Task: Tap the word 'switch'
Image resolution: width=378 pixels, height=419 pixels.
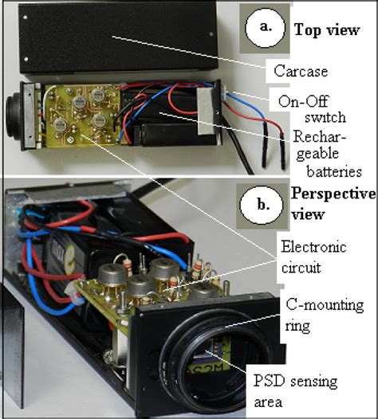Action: tap(321, 118)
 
